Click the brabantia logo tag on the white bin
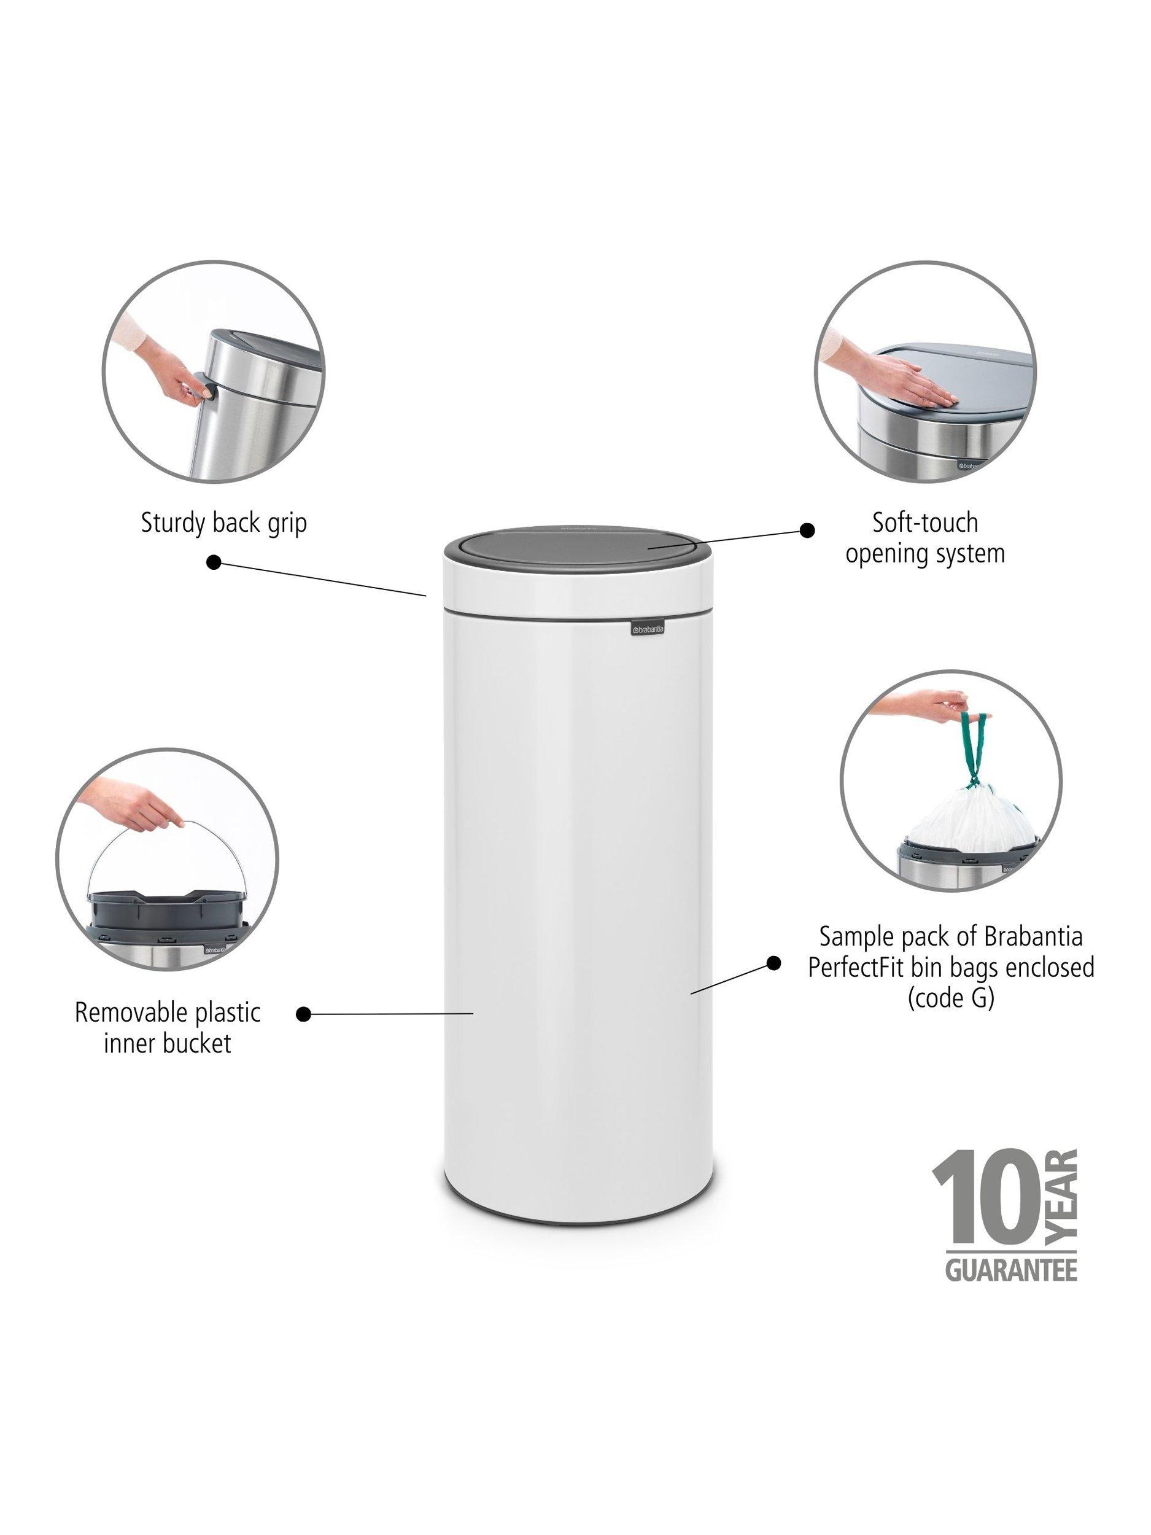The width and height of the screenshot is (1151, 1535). coord(646,629)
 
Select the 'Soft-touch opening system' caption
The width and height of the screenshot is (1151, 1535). coord(925,537)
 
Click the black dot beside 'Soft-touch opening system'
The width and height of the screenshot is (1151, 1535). coord(806,530)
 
